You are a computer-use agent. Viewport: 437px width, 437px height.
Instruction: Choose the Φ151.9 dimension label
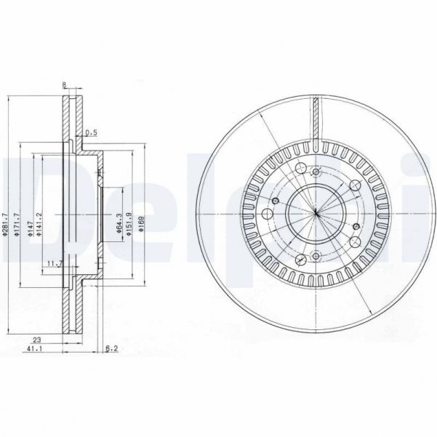pyautogui.click(x=129, y=217)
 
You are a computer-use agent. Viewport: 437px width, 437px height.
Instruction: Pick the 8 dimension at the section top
pyautogui.click(x=65, y=85)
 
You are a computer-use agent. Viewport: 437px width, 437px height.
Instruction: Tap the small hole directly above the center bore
pyautogui.click(x=317, y=172)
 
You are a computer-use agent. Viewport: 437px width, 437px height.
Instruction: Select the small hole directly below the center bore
pyautogui.click(x=317, y=254)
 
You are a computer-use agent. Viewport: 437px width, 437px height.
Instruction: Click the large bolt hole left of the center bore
pyautogui.click(x=265, y=215)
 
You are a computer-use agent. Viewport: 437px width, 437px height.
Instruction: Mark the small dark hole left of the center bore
pyautogui.click(x=276, y=201)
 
